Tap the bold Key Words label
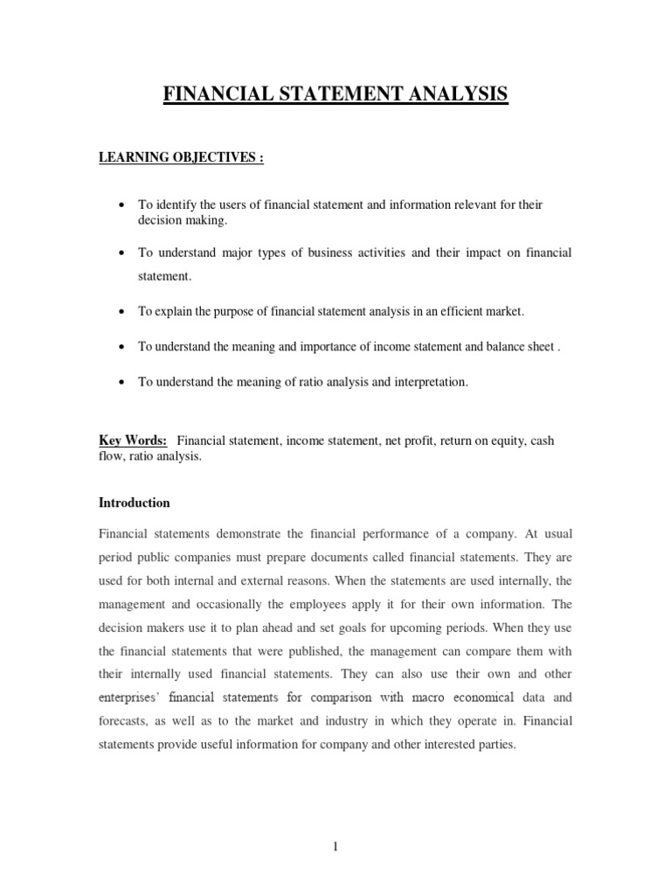(133, 441)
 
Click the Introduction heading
(134, 503)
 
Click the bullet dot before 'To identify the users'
(120, 205)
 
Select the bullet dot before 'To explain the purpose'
(120, 311)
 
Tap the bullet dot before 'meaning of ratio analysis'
(120, 383)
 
